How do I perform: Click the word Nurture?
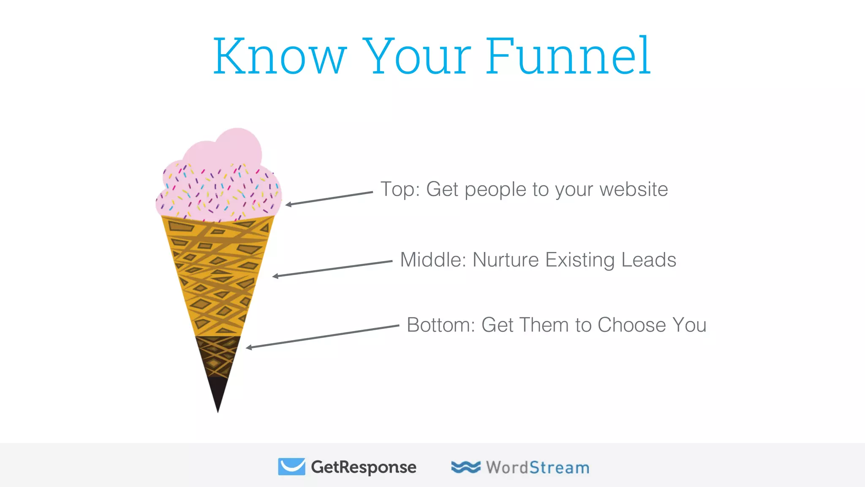505,260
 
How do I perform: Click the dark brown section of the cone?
217,355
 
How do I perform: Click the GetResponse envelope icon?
291,466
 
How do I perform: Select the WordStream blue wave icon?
465,467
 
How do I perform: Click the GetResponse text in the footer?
363,467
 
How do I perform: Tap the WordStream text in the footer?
537,468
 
